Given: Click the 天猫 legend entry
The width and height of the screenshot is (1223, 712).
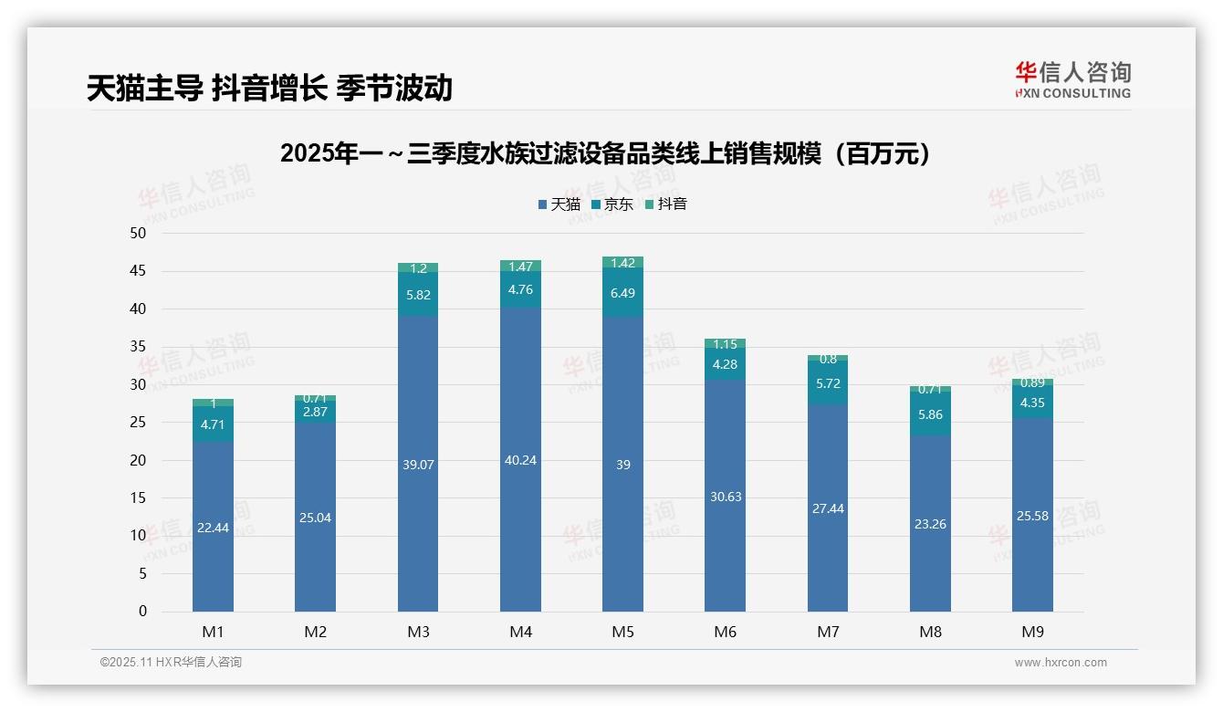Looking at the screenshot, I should (x=559, y=204).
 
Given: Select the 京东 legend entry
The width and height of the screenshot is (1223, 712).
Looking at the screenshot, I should (x=612, y=204).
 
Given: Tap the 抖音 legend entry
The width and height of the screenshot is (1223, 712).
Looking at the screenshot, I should (x=666, y=204).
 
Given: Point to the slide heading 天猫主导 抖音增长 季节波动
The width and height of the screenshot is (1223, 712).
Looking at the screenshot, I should (x=269, y=88).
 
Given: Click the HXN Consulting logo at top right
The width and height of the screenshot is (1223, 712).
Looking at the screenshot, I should (x=1072, y=79).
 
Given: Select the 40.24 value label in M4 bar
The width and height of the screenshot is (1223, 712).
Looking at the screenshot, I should (x=520, y=460).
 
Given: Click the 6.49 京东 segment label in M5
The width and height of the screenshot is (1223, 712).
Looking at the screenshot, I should (x=622, y=293).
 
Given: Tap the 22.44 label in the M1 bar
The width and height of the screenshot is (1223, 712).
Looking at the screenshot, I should (x=213, y=528).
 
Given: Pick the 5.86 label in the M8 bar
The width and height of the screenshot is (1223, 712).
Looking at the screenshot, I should (x=930, y=414).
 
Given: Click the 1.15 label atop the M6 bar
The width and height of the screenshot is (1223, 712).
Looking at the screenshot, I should (x=725, y=344).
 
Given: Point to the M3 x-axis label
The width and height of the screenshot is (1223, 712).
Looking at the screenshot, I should (x=418, y=633).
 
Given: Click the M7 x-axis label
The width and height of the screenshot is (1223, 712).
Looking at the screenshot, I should (x=828, y=633).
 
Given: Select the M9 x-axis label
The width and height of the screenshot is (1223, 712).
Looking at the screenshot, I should (x=1032, y=633).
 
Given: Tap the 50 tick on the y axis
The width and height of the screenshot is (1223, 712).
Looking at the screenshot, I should (x=138, y=233).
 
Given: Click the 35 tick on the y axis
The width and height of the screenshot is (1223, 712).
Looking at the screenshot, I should (x=138, y=347).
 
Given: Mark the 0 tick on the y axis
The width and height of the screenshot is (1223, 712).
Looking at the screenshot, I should (x=142, y=612).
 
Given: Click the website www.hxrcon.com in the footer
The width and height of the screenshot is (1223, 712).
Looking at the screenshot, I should (x=1061, y=663).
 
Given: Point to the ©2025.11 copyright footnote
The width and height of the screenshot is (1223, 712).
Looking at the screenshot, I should (x=171, y=663).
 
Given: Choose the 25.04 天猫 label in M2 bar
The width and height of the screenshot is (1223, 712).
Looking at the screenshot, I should (x=315, y=518).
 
